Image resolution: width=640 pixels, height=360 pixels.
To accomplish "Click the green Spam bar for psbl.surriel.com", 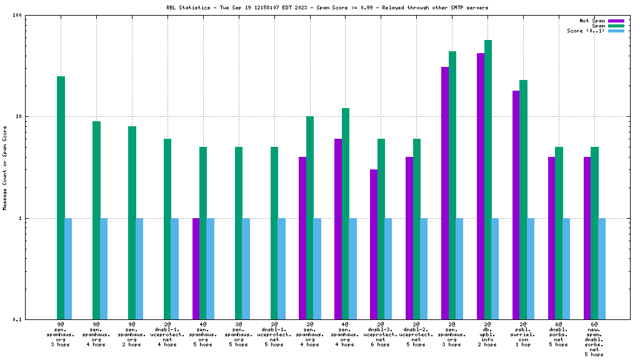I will tap(524, 200).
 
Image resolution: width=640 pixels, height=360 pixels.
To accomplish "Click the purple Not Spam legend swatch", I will tap(616, 21).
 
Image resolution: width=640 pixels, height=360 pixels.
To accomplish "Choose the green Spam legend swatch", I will tap(616, 26).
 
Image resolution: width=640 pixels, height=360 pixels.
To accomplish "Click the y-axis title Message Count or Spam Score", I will tap(5, 167).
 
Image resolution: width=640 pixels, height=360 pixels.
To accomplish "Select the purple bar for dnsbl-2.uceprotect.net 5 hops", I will tap(409, 238).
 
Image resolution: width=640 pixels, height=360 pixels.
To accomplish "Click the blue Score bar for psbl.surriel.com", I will tap(531, 269).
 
